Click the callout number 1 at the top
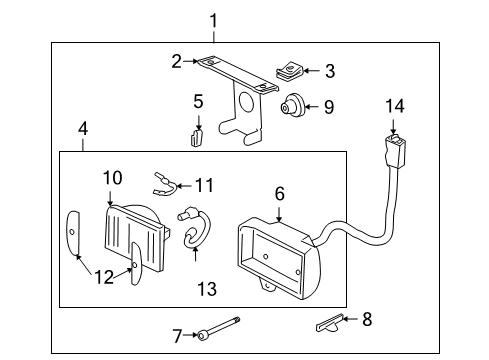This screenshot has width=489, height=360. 211,19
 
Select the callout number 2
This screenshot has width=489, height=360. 177,61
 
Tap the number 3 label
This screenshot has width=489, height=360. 330,71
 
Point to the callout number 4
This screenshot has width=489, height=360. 83,129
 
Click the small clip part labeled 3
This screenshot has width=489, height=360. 290,72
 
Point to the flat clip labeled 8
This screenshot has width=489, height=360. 329,322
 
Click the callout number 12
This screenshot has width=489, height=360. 104,277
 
